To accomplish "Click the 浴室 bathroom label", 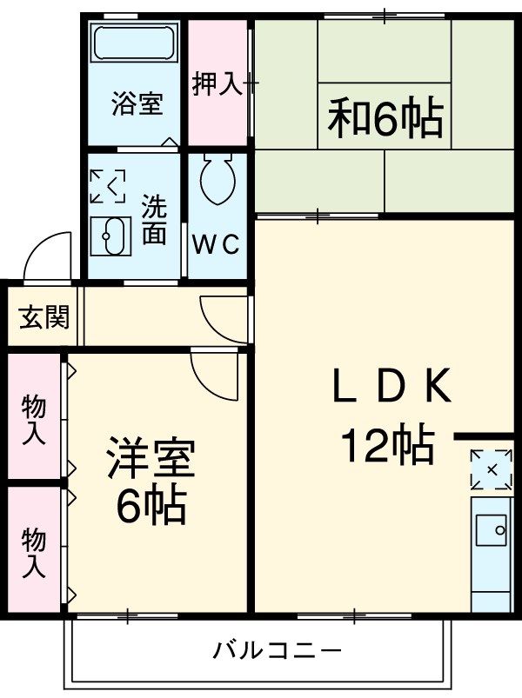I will pos(137,104).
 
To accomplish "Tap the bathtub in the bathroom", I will pos(135,44).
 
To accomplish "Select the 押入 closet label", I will pos(217,84).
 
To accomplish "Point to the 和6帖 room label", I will pos(385,119).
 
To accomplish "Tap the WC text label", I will pos(216,245).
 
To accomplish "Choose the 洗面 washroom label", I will pos(154,221).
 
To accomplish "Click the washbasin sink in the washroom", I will pos(110,235).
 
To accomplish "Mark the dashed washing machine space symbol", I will pos(107,185).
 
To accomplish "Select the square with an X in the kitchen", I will pos(492,470).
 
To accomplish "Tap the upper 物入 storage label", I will pos(33,419).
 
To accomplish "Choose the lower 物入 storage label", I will pos(33,552).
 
